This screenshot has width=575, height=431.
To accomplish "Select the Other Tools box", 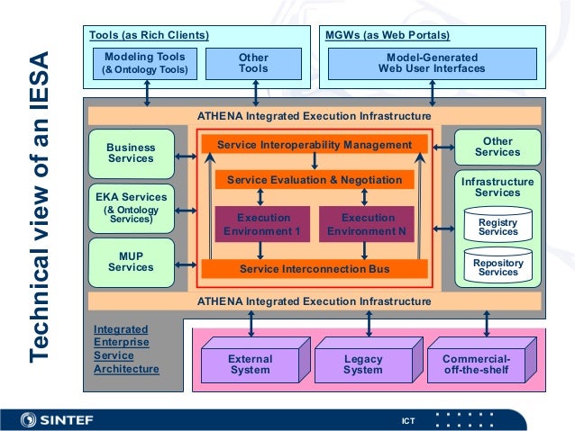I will click(253, 63).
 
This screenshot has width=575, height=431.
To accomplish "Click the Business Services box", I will click(131, 153).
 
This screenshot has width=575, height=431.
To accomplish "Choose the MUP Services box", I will click(131, 261).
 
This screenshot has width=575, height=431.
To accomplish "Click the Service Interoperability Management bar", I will click(314, 145).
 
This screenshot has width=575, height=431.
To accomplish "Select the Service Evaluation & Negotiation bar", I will click(314, 180).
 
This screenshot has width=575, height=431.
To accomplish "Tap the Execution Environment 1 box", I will click(264, 224).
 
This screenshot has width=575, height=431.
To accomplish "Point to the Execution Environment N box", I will click(367, 224).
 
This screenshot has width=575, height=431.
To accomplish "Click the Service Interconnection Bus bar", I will click(314, 268).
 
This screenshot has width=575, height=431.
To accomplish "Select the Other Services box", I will click(497, 147).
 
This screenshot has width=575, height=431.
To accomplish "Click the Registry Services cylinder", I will click(497, 226).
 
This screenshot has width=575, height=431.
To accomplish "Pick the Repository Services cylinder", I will click(497, 266).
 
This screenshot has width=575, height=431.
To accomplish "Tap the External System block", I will click(250, 364).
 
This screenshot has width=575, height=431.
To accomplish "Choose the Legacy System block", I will click(362, 364).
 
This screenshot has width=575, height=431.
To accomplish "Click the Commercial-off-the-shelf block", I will click(475, 364).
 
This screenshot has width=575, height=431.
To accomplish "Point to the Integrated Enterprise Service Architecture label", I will click(126, 349).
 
